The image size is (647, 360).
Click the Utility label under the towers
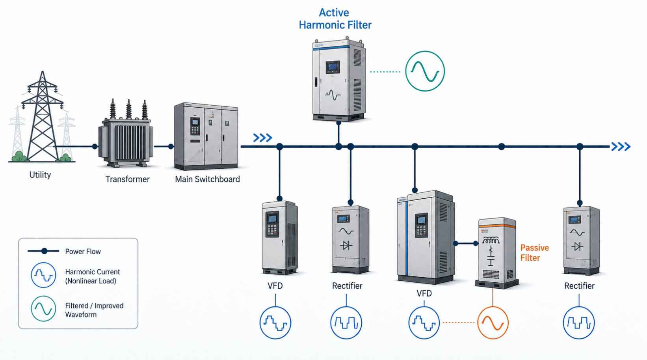pos(40,175)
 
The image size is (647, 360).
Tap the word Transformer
pos(127,179)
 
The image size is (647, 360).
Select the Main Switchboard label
pos(207,179)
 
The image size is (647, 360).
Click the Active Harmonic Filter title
pos(335,19)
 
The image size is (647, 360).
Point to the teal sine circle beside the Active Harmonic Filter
pos(405,71)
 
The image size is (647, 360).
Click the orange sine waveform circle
pos(478,323)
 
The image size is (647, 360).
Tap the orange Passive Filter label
pos(534,253)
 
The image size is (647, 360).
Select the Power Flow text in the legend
pos(83,251)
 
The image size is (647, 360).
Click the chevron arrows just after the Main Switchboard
pos(262,138)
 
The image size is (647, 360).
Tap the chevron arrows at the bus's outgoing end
pos(621,147)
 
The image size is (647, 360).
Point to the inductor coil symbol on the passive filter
pos(491,241)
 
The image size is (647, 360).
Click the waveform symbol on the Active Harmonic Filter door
pos(333,95)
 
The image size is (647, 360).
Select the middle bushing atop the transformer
pos(128,109)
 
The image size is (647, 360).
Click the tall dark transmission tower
pos(43,116)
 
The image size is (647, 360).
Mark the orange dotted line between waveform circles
pos(458,322)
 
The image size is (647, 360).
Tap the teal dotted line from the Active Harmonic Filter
pos(385,72)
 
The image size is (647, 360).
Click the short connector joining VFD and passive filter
pos(466,244)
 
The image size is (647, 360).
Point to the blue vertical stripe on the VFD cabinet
pos(407,238)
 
